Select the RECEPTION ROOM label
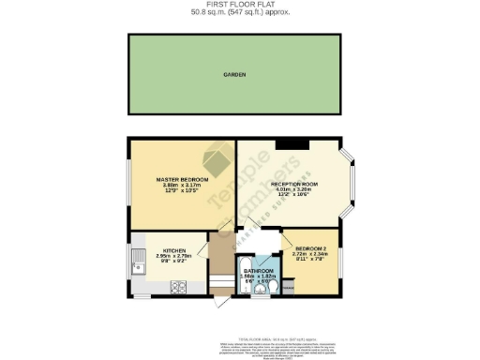[294, 184]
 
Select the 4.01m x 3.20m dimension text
[294, 190]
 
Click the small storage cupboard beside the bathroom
[287, 285]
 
